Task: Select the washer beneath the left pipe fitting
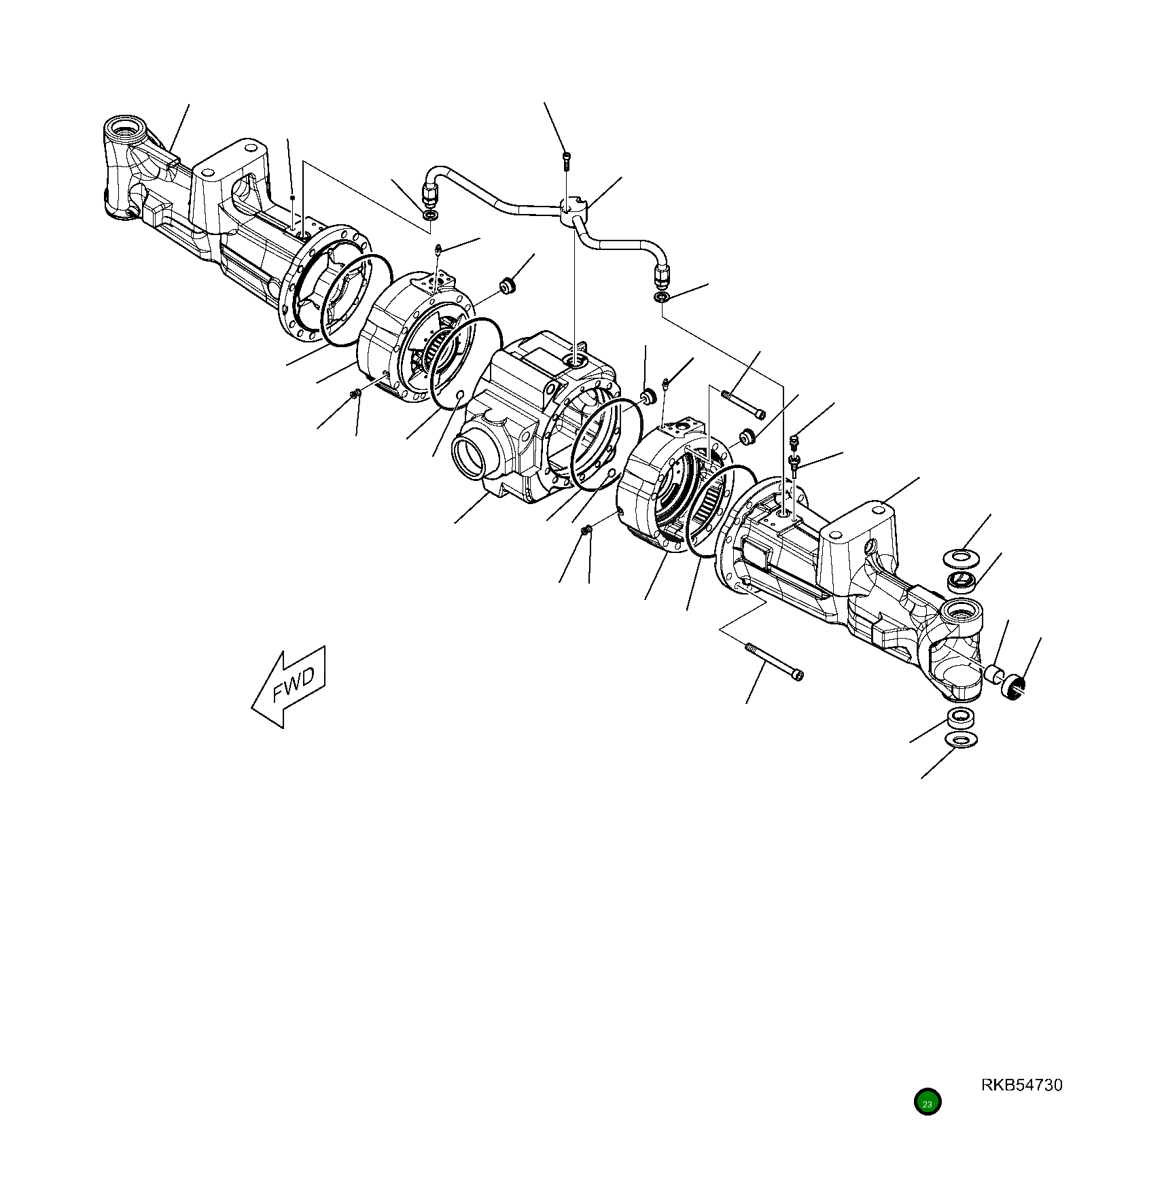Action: [x=430, y=215]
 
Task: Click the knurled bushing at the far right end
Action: [x=1012, y=688]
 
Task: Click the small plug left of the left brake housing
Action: [x=354, y=393]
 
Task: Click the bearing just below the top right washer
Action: [x=962, y=582]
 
